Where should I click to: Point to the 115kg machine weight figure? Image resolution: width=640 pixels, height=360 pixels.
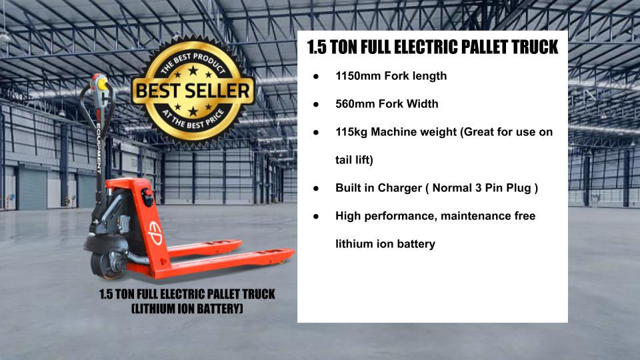click(351, 132)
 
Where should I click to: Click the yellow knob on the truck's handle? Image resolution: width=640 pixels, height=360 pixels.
click(102, 84)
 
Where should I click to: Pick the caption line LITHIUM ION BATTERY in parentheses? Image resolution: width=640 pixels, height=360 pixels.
click(187, 309)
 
